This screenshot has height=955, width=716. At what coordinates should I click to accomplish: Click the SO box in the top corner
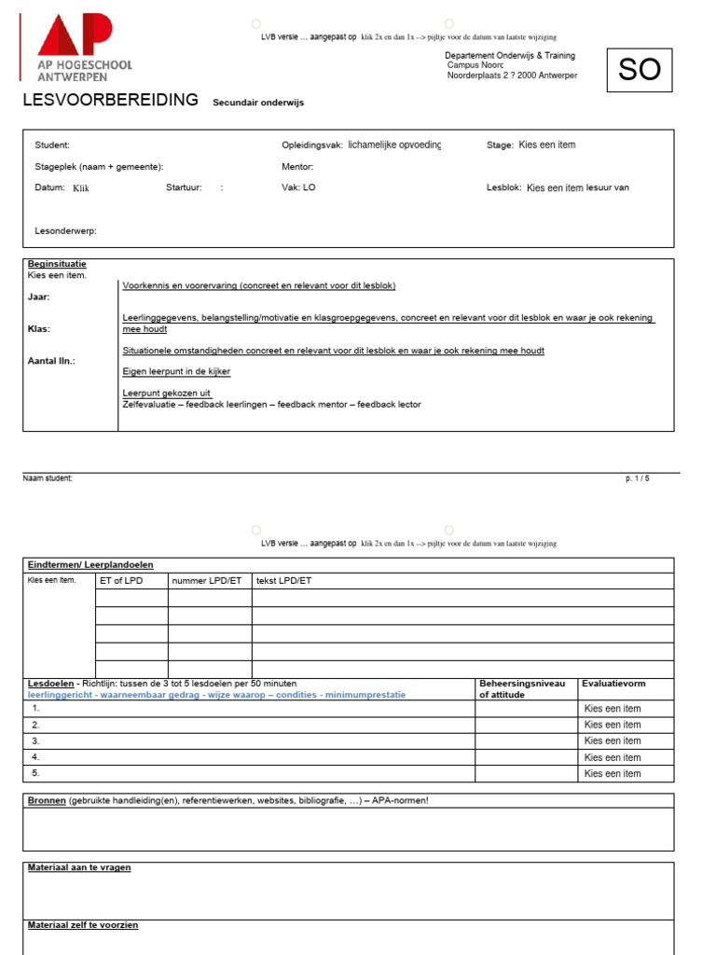(639, 69)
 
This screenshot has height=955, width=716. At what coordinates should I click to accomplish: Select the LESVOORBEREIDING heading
(110, 100)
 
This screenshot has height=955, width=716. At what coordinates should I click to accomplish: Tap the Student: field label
(52, 145)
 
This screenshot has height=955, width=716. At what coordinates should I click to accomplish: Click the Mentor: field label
(297, 167)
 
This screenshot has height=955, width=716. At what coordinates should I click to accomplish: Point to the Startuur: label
(184, 187)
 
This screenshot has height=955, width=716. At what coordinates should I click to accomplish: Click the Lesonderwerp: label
(66, 230)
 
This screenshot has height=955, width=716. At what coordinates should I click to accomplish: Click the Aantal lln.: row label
(52, 360)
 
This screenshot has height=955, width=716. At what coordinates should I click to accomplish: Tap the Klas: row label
(39, 329)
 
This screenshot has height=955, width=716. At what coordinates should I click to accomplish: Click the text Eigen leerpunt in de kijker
(176, 371)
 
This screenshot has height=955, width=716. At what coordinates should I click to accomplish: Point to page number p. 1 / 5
(638, 478)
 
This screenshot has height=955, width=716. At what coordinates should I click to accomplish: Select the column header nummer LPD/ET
(206, 580)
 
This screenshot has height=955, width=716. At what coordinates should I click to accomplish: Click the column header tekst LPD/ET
(284, 580)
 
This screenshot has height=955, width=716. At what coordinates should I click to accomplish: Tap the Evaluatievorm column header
(613, 684)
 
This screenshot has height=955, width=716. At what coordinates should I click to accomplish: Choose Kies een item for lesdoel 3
(613, 740)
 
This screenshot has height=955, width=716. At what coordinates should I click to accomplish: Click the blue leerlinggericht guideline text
(216, 695)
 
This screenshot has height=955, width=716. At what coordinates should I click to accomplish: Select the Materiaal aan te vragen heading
(79, 867)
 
